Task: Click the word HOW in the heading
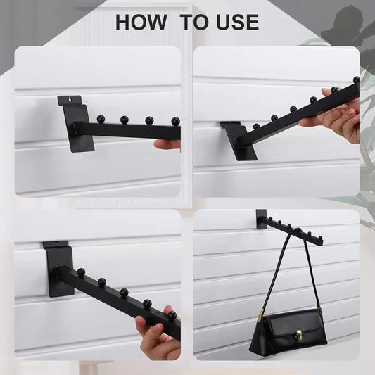141,22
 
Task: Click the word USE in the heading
237,22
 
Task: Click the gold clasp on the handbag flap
298,335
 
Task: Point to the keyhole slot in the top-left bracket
69,98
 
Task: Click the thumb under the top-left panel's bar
167,144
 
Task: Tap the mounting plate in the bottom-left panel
60,269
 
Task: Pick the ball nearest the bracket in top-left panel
101,118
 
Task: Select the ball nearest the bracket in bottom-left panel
81,272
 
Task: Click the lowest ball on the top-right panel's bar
256,126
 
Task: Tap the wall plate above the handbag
261,219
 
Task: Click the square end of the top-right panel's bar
240,141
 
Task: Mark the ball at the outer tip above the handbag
320,237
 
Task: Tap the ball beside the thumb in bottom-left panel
172,315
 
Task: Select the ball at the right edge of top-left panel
176,122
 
